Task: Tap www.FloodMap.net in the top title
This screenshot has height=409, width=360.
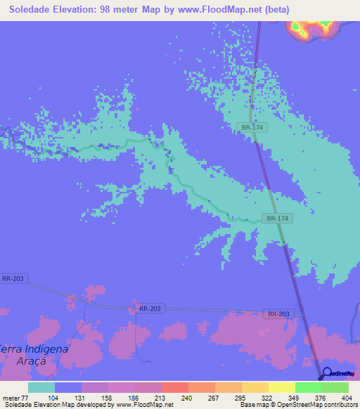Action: click(220, 10)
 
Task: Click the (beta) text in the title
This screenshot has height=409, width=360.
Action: click(279, 10)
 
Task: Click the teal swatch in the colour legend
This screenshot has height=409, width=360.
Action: click(41, 387)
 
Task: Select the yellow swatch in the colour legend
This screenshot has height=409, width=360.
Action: click(255, 387)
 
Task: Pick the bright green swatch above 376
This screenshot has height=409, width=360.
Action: click(308, 387)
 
